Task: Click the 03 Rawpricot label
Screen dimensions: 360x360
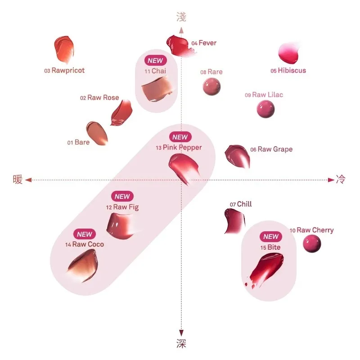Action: (x=64, y=71)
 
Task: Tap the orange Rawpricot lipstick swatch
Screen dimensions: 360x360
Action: (x=63, y=49)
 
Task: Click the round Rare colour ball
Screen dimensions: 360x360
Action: (x=211, y=86)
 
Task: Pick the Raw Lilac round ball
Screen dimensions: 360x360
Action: (x=265, y=109)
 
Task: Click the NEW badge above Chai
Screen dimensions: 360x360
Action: (x=156, y=60)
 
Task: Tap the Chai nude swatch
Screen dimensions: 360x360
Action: (x=157, y=88)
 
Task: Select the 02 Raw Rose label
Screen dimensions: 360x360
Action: (x=99, y=98)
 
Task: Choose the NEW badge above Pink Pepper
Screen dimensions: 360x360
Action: (x=180, y=137)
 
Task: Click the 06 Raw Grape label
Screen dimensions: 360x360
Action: (x=271, y=149)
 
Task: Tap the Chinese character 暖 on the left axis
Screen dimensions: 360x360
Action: (x=18, y=180)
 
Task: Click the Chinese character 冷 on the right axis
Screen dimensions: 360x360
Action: (x=341, y=180)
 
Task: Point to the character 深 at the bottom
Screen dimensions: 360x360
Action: (x=181, y=344)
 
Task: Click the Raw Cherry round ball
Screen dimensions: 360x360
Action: (x=311, y=243)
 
